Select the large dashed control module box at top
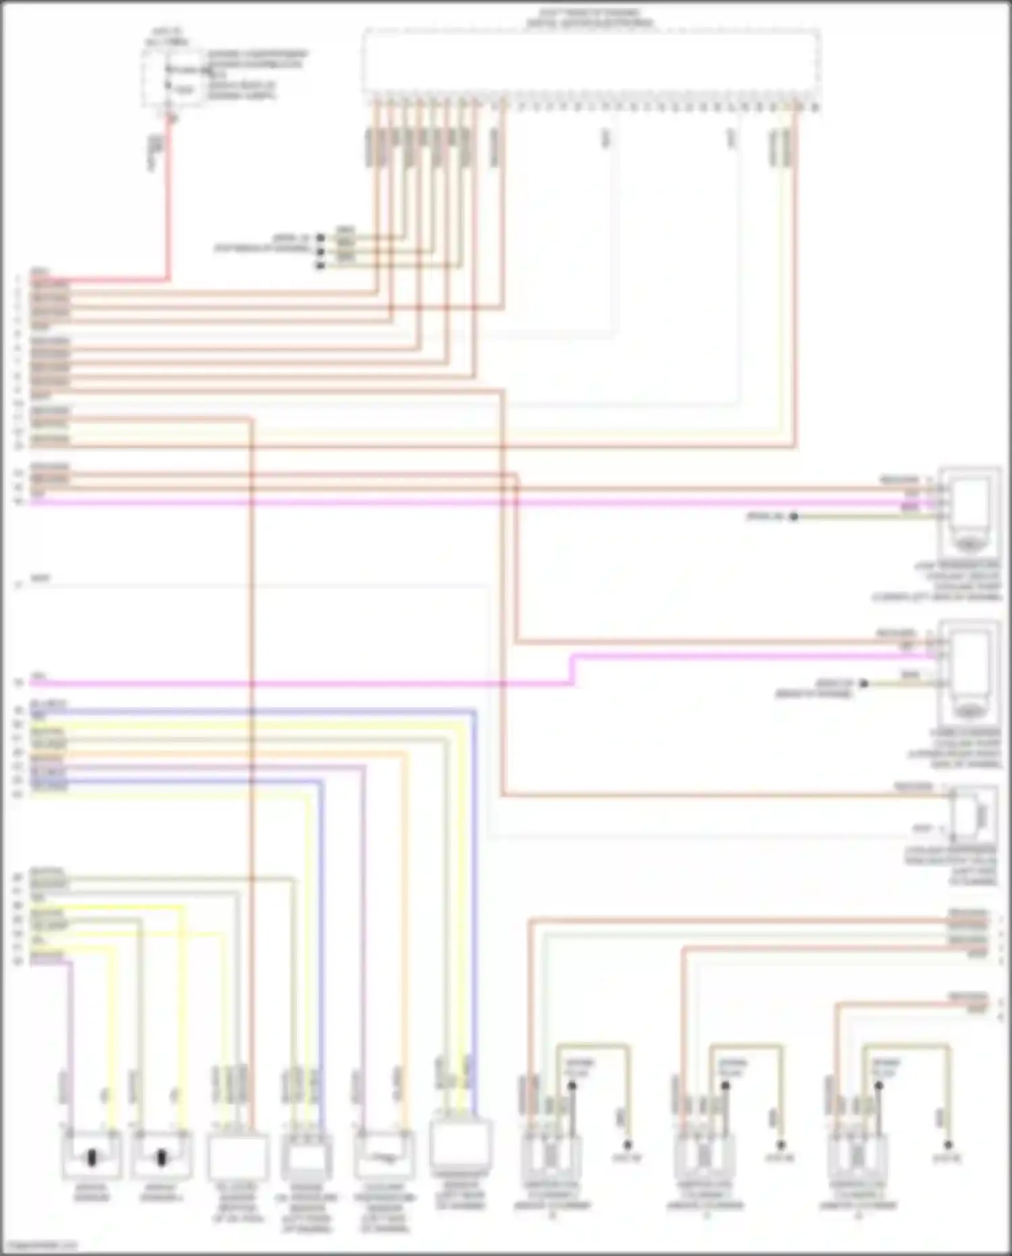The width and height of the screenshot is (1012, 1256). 591,62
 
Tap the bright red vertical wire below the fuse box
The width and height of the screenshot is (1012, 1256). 168,202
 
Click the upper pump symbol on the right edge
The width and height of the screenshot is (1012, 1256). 969,506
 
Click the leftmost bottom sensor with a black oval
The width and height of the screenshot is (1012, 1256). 92,1156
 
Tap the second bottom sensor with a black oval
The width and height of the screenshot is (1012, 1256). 161,1156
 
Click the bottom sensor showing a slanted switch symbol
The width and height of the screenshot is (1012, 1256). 384,1155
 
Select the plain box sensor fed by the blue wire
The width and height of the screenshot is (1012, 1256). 461,1145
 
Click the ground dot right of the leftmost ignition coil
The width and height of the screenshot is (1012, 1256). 627,1145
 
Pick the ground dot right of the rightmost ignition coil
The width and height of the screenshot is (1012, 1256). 948,1145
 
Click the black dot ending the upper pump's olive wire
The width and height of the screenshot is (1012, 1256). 794,517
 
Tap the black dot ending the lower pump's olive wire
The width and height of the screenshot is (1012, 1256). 863,684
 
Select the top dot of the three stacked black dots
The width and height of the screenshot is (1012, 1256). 320,238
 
